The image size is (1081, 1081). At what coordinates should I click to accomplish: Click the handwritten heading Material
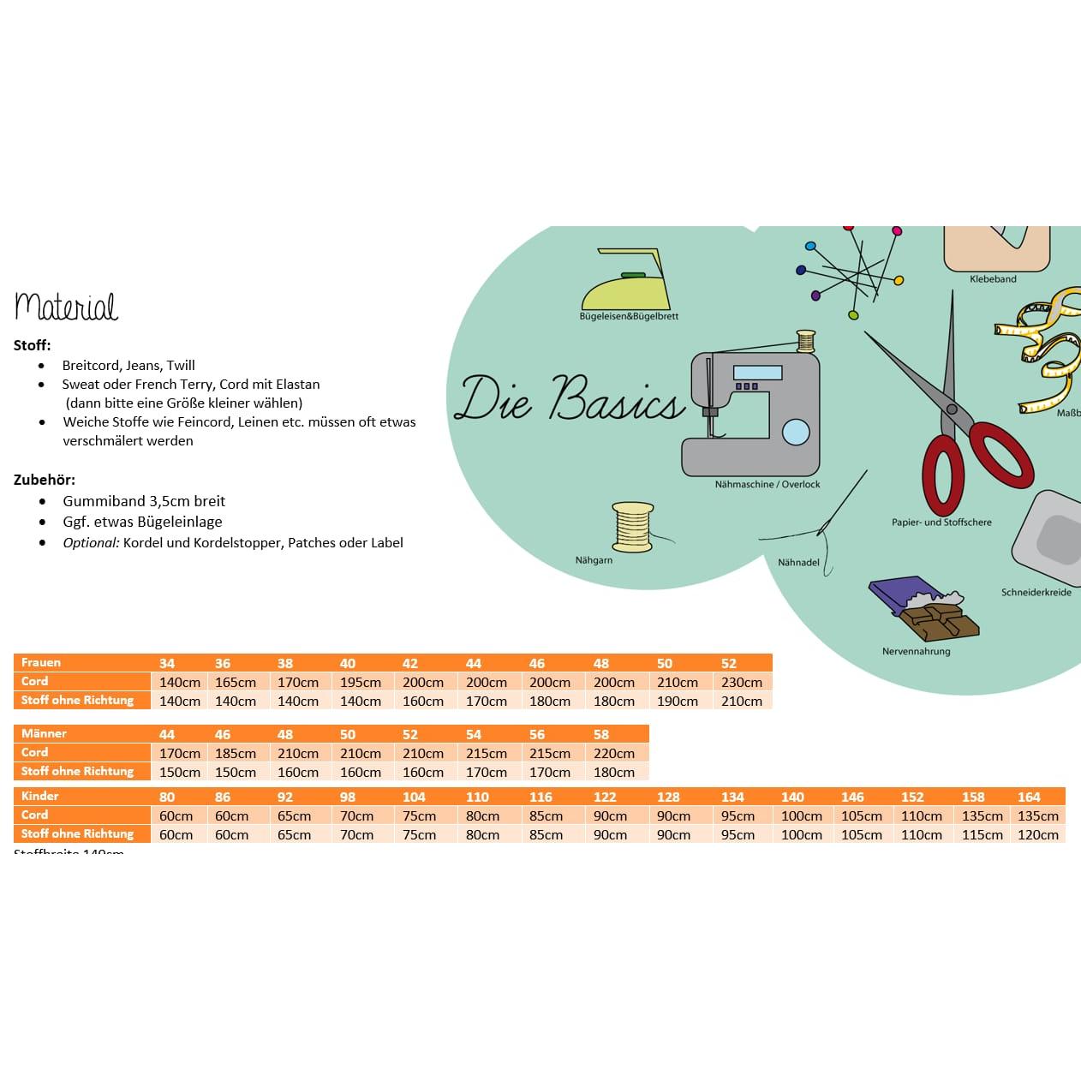tap(66, 306)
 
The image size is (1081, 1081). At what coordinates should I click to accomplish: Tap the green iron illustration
tap(626, 283)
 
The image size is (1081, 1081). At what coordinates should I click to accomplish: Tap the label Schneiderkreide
tap(1036, 592)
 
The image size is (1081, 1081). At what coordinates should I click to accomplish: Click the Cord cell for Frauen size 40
tap(361, 682)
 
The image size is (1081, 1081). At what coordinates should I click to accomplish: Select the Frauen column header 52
tap(729, 663)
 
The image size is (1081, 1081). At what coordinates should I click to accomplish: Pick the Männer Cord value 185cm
tap(236, 753)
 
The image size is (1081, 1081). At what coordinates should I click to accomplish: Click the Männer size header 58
tap(601, 734)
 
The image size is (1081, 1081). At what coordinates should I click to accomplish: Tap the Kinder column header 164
tap(1029, 797)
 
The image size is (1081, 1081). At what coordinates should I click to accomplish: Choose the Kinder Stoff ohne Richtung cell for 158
tap(982, 834)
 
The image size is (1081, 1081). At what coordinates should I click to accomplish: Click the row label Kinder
tap(40, 796)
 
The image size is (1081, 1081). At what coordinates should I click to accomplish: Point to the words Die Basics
tap(570, 399)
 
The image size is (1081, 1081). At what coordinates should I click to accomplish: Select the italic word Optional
tap(91, 542)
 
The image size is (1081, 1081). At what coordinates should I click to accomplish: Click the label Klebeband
tap(993, 278)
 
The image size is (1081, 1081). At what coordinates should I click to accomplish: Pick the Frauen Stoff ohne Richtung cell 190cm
tap(677, 701)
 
